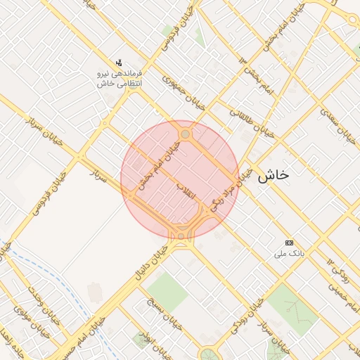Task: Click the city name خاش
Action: tap(273, 176)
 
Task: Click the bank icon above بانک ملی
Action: tap(289, 242)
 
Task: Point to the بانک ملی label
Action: tap(289, 252)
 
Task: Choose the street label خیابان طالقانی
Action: tap(252, 121)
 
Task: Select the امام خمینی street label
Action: tap(337, 285)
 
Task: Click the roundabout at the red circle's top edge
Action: tap(185, 134)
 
